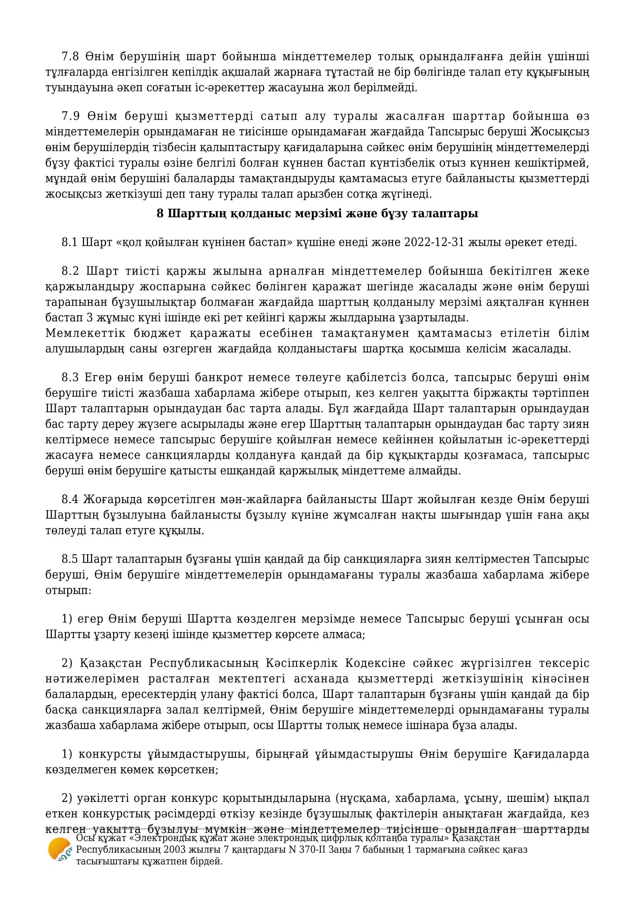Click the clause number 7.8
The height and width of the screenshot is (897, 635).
70,57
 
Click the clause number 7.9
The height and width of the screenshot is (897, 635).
70,117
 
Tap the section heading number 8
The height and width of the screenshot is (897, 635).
160,214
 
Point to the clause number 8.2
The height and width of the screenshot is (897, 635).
70,271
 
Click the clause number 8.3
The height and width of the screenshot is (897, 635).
70,378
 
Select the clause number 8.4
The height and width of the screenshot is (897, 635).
70,500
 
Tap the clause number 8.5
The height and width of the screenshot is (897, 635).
70,560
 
